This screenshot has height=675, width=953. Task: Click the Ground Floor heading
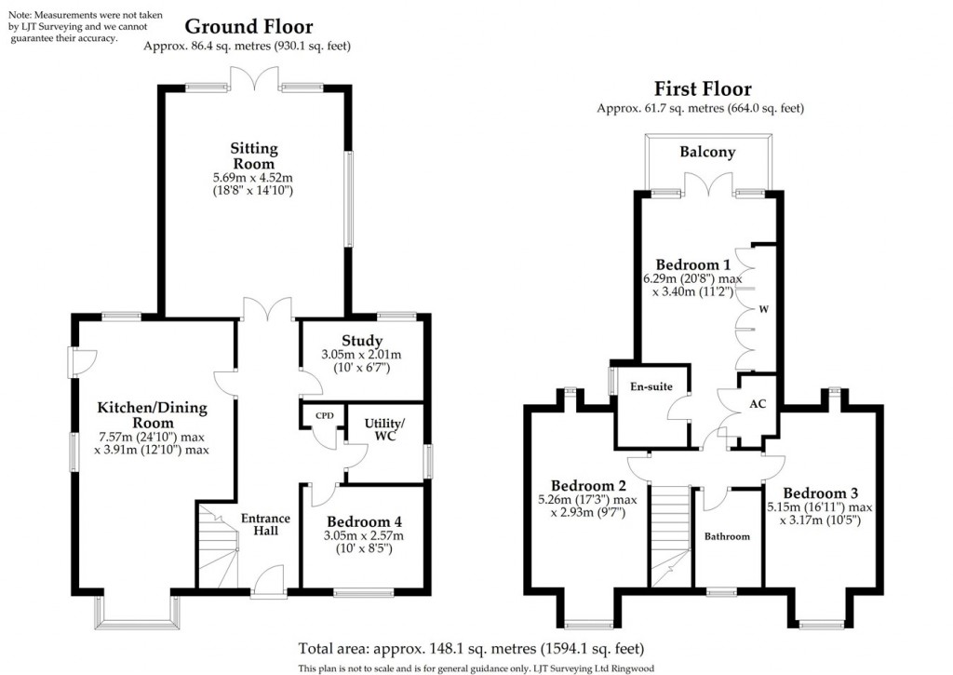pyautogui.click(x=247, y=27)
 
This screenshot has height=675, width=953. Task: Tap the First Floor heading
pyautogui.click(x=702, y=89)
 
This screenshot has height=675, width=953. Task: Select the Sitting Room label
pyautogui.click(x=255, y=155)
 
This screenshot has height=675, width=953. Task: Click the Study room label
pyautogui.click(x=362, y=341)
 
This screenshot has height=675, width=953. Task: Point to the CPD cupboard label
pyautogui.click(x=324, y=415)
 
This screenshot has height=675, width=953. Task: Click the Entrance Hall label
pyautogui.click(x=266, y=525)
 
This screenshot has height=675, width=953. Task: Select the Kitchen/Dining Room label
pyautogui.click(x=153, y=415)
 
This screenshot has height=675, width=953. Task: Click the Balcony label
pyautogui.click(x=707, y=152)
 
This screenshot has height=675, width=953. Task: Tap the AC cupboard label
pyautogui.click(x=758, y=405)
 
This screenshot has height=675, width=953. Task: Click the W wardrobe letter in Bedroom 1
pyautogui.click(x=762, y=309)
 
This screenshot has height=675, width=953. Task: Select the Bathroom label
pyautogui.click(x=727, y=536)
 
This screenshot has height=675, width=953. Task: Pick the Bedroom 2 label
pyautogui.click(x=588, y=485)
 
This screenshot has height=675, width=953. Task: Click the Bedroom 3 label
pyautogui.click(x=820, y=493)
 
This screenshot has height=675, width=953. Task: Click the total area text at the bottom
pyautogui.click(x=471, y=648)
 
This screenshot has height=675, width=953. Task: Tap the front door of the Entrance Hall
pyautogui.click(x=269, y=582)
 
